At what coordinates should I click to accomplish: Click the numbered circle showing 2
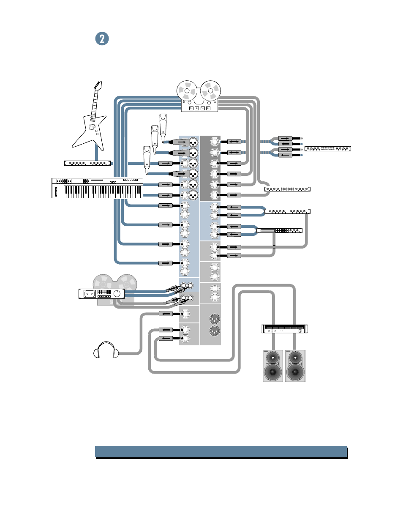(x=102, y=39)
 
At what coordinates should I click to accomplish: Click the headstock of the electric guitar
(x=98, y=86)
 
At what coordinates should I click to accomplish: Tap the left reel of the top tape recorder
(x=187, y=90)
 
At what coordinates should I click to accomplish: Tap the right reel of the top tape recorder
(x=210, y=90)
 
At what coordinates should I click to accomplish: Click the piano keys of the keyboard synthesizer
(x=103, y=191)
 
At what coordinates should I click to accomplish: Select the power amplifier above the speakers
(x=285, y=328)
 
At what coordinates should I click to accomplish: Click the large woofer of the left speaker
(x=272, y=373)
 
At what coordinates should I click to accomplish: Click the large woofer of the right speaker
(x=295, y=373)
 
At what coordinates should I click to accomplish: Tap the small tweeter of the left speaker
(x=272, y=358)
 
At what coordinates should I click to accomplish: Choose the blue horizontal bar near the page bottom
(x=221, y=451)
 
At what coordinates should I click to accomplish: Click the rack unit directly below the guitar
(x=87, y=163)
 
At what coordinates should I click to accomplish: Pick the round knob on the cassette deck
(x=117, y=293)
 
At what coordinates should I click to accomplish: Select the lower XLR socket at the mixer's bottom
(x=215, y=331)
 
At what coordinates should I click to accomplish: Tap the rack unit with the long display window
(x=279, y=230)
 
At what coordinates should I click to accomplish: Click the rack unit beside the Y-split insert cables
(x=328, y=148)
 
